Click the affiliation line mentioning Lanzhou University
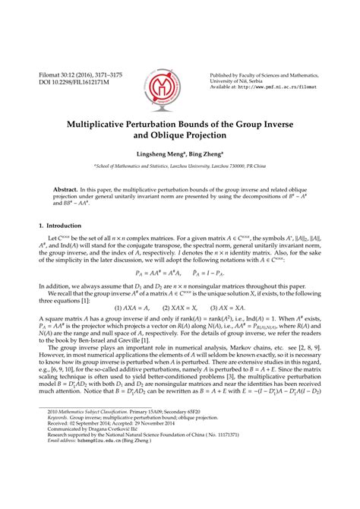click(x=180, y=165)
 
